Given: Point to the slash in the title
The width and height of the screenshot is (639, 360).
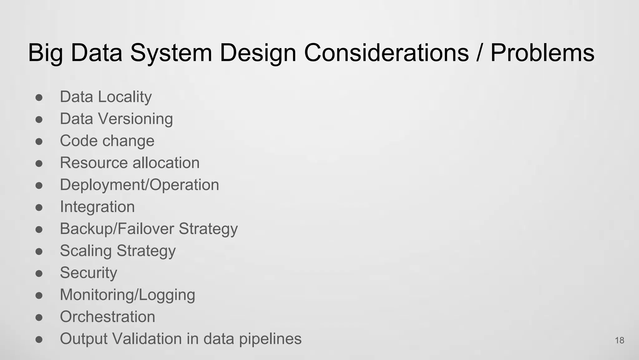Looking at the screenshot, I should [480, 52].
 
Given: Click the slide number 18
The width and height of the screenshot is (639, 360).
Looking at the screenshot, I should [619, 340].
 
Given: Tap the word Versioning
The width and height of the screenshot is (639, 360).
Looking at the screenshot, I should [135, 119].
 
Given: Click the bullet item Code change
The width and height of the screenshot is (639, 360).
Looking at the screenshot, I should [107, 141].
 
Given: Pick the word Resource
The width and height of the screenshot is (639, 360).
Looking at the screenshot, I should [94, 163].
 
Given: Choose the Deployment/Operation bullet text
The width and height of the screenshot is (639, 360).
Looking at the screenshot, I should [139, 185].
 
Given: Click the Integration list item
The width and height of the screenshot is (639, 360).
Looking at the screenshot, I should [97, 207].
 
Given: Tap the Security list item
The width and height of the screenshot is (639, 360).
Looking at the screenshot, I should [89, 273].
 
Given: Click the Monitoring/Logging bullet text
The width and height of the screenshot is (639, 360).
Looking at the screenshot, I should [127, 295].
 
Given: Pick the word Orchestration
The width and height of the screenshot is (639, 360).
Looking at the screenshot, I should [107, 317].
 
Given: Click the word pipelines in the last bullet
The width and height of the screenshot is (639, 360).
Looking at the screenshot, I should [270, 339].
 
